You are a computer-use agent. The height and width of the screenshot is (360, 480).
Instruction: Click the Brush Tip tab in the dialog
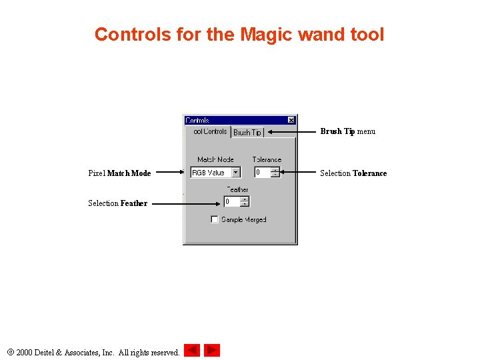pos(247,133)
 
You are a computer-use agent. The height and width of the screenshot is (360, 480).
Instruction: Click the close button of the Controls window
pos(291,120)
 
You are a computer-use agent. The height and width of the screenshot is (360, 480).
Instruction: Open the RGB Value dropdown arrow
pos(235,173)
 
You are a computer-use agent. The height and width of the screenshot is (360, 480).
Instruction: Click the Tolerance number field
pos(263,173)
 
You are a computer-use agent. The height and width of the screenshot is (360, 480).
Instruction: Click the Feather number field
pos(232,201)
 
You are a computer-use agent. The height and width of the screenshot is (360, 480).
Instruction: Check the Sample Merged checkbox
pos(215,219)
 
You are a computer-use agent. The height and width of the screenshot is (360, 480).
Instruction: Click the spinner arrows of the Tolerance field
pos(275,173)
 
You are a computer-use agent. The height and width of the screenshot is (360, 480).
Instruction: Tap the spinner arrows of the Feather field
pos(245,201)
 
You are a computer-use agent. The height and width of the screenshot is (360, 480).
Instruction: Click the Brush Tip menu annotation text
pos(347,131)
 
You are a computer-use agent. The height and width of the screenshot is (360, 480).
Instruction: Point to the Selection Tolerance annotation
pos(353,173)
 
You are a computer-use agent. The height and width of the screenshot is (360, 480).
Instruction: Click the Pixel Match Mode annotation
pos(119,173)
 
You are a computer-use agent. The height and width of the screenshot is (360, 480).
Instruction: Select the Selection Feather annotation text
pos(117,203)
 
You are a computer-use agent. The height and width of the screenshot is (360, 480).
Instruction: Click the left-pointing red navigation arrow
pos(192,350)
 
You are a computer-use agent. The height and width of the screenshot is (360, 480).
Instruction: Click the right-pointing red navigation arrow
pos(212,350)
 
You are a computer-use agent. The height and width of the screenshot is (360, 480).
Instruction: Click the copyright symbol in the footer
pos(9,351)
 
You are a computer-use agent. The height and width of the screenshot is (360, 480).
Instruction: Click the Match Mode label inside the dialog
pos(215,159)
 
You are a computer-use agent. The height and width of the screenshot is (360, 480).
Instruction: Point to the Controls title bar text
pos(197,121)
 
